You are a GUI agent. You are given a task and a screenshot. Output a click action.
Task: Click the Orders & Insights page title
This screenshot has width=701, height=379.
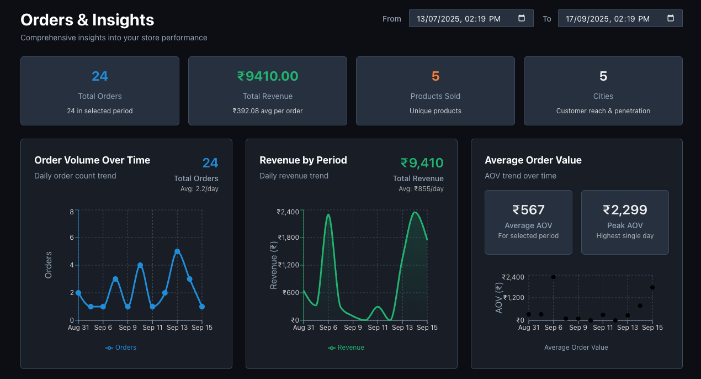(87, 20)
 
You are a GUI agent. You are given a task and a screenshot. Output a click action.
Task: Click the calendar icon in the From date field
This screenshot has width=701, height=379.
(522, 18)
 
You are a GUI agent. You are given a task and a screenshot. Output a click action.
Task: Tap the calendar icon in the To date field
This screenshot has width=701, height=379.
(671, 18)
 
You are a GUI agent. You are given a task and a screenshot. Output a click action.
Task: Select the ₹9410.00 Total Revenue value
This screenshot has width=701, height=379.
(268, 76)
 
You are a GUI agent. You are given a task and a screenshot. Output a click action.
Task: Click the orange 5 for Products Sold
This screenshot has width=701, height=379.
(436, 76)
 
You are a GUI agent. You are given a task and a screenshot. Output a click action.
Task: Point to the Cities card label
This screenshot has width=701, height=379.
(603, 96)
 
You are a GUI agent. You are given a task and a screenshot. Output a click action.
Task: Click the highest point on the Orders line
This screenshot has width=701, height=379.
(177, 251)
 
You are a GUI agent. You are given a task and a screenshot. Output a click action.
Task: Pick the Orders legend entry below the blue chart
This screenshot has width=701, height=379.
(121, 348)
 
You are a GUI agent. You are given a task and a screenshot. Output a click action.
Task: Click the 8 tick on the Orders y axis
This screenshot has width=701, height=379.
(72, 212)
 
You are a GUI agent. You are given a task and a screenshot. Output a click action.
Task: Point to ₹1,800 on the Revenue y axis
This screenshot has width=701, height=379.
(288, 238)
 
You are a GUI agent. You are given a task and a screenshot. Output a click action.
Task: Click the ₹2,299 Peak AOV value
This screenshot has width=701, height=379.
(625, 210)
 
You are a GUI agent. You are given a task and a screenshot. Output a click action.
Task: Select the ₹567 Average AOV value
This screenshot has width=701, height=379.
(528, 210)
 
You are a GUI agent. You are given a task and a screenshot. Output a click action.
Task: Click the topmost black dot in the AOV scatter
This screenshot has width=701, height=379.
(554, 277)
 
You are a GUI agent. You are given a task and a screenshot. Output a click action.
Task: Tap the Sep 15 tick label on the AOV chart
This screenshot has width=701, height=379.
(652, 328)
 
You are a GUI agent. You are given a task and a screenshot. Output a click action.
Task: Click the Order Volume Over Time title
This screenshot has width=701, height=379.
(92, 160)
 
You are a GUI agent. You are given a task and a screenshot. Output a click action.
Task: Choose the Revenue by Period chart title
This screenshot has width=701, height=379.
(303, 160)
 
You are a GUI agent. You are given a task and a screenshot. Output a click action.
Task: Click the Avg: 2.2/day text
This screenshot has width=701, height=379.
(200, 189)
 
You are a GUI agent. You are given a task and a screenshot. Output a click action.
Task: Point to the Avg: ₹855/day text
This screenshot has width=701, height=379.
(421, 189)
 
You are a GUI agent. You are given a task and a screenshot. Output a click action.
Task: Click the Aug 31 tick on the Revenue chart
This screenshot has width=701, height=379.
(304, 328)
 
